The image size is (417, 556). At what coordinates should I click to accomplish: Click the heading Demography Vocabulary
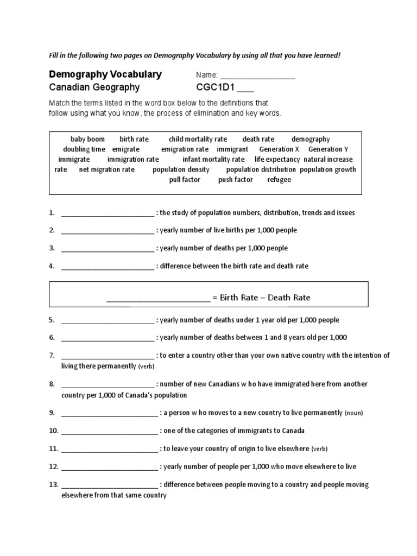click(x=105, y=74)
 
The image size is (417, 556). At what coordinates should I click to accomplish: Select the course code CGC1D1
click(x=217, y=88)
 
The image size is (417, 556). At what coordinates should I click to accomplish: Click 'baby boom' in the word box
click(x=87, y=139)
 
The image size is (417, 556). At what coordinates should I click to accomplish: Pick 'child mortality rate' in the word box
click(x=198, y=139)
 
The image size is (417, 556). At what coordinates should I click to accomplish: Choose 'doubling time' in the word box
click(x=84, y=149)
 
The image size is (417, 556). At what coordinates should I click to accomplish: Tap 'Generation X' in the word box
click(x=279, y=149)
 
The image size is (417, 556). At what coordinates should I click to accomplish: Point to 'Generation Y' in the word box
click(x=328, y=149)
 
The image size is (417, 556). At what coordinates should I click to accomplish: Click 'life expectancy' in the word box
click(x=277, y=160)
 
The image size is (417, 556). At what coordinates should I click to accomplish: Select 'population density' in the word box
click(x=181, y=169)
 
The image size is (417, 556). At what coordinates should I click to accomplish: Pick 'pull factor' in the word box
click(x=185, y=180)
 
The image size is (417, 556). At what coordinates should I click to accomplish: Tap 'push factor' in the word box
click(x=236, y=180)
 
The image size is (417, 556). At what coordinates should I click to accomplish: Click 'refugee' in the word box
click(x=279, y=180)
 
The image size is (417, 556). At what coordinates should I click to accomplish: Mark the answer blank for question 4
click(x=108, y=267)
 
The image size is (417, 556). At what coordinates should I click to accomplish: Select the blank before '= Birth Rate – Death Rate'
click(x=158, y=299)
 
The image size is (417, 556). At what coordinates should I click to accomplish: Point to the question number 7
click(x=52, y=356)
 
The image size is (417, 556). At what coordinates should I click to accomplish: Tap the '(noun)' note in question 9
click(x=354, y=413)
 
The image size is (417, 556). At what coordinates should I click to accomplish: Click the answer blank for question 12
click(x=110, y=467)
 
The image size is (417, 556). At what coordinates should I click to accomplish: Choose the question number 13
click(x=53, y=485)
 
